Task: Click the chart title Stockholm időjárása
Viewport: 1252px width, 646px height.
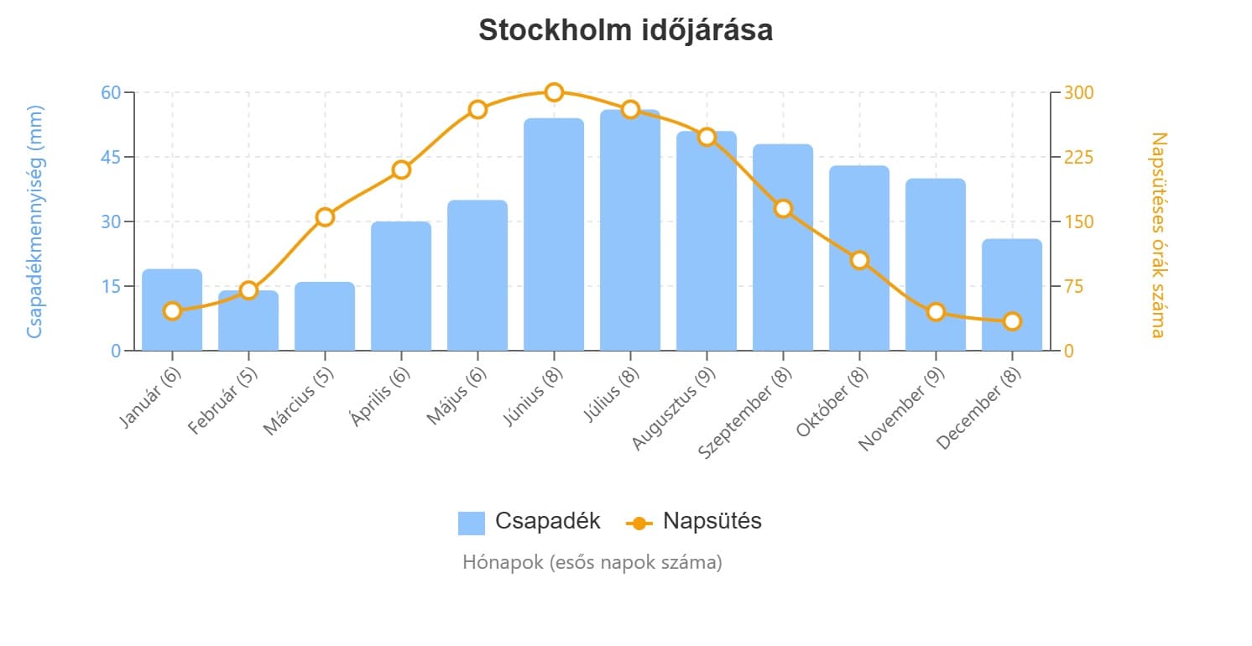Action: click(x=625, y=30)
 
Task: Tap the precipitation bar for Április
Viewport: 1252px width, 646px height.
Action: click(x=401, y=286)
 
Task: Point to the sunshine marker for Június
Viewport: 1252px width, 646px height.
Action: click(x=554, y=92)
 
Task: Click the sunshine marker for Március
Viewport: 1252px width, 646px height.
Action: click(x=325, y=217)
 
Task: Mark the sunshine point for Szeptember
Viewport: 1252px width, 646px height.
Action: click(x=783, y=208)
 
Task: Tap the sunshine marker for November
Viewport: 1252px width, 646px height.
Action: click(x=936, y=312)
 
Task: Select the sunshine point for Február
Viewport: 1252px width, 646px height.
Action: click(x=248, y=290)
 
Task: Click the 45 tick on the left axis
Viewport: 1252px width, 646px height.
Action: click(x=111, y=157)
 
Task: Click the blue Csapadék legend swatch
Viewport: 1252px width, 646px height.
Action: click(x=471, y=523)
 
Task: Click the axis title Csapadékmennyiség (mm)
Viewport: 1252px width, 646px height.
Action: click(x=34, y=221)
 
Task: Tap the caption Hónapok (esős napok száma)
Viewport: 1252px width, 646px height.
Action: click(x=592, y=562)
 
